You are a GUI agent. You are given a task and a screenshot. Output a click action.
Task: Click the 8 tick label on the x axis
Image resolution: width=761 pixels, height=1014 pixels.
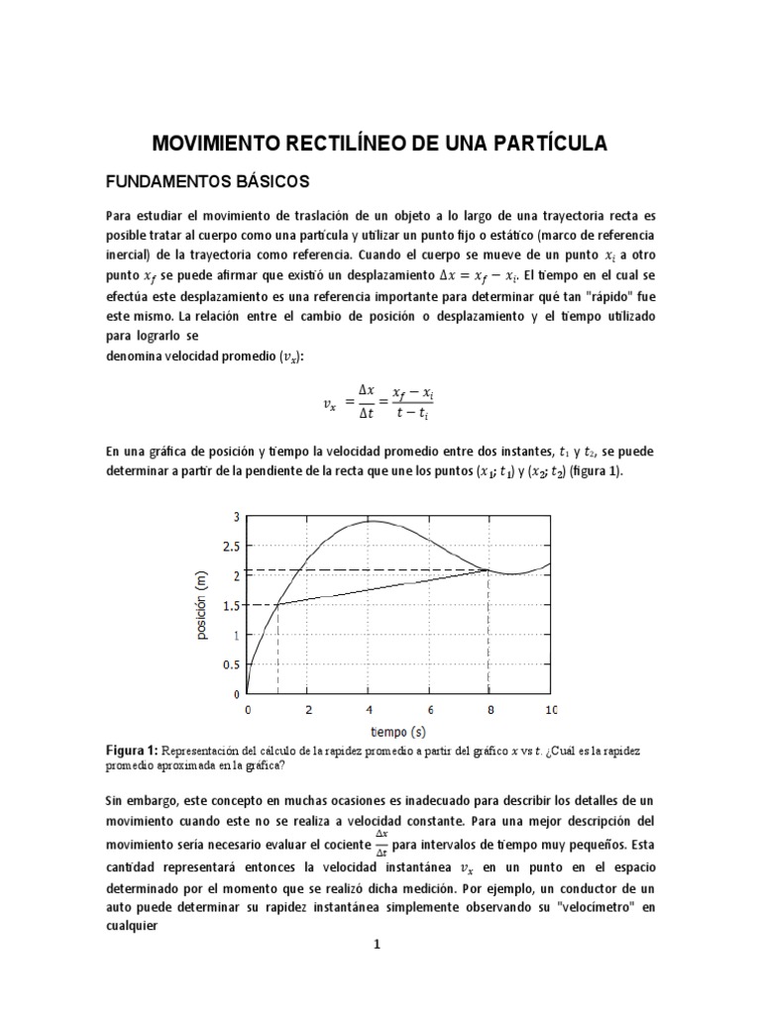coord(490,710)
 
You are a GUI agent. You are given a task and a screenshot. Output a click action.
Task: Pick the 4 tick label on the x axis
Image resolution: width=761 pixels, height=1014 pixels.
coord(369,710)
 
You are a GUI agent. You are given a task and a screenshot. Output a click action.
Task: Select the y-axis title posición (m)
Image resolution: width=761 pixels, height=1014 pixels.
coord(202,605)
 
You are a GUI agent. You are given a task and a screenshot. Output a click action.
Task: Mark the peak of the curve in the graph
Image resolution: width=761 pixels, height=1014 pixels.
coord(371,521)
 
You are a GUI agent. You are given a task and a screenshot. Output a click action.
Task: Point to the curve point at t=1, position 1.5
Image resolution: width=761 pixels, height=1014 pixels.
coord(277,605)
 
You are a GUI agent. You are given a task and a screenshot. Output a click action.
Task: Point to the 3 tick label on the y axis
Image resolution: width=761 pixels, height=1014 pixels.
coord(236,516)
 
